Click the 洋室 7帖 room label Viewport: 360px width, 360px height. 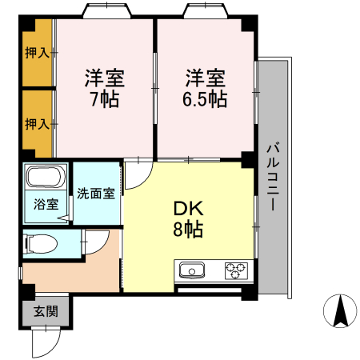point(105,89)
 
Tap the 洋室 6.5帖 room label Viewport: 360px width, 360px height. point(206,89)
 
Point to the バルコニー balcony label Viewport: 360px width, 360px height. point(271,177)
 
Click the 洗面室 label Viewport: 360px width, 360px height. point(96,194)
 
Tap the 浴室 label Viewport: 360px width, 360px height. point(46,204)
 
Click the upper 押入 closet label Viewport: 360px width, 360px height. point(37,54)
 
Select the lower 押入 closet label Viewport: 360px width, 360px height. point(37,124)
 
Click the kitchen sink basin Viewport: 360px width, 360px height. point(193,270)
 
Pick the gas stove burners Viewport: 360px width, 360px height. point(236,270)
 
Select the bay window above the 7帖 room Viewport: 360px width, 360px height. point(105,12)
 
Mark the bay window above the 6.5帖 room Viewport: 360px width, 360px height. point(205,12)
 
